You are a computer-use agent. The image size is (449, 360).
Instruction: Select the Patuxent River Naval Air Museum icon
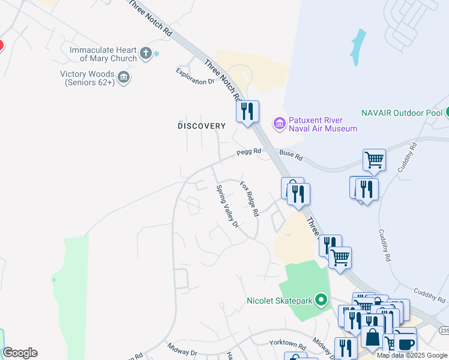pyautogui.click(x=279, y=124)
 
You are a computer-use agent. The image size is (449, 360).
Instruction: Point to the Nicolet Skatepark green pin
pyautogui.click(x=321, y=299)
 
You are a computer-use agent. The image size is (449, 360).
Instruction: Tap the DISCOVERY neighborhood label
pyautogui.click(x=202, y=126)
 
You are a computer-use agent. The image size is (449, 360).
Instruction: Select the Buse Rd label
pyautogui.click(x=291, y=157)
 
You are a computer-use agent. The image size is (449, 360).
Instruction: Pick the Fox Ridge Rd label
pyautogui.click(x=249, y=199)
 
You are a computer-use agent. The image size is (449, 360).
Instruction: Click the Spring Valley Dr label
pyautogui.click(x=228, y=206)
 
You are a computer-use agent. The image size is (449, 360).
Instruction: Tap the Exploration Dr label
pyautogui.click(x=195, y=77)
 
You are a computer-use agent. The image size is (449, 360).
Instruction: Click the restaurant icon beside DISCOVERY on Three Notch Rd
pyautogui.click(x=247, y=111)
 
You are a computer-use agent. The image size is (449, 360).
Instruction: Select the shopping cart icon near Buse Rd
pyautogui.click(x=374, y=160)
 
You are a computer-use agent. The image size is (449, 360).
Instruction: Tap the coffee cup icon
pyautogui.click(x=405, y=344)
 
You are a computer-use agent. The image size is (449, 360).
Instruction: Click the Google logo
pyautogui.click(x=20, y=353)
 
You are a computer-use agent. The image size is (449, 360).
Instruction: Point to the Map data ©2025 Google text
pyautogui.click(x=412, y=355)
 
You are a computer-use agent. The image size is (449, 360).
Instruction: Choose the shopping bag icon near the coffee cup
pyautogui.click(x=373, y=337)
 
